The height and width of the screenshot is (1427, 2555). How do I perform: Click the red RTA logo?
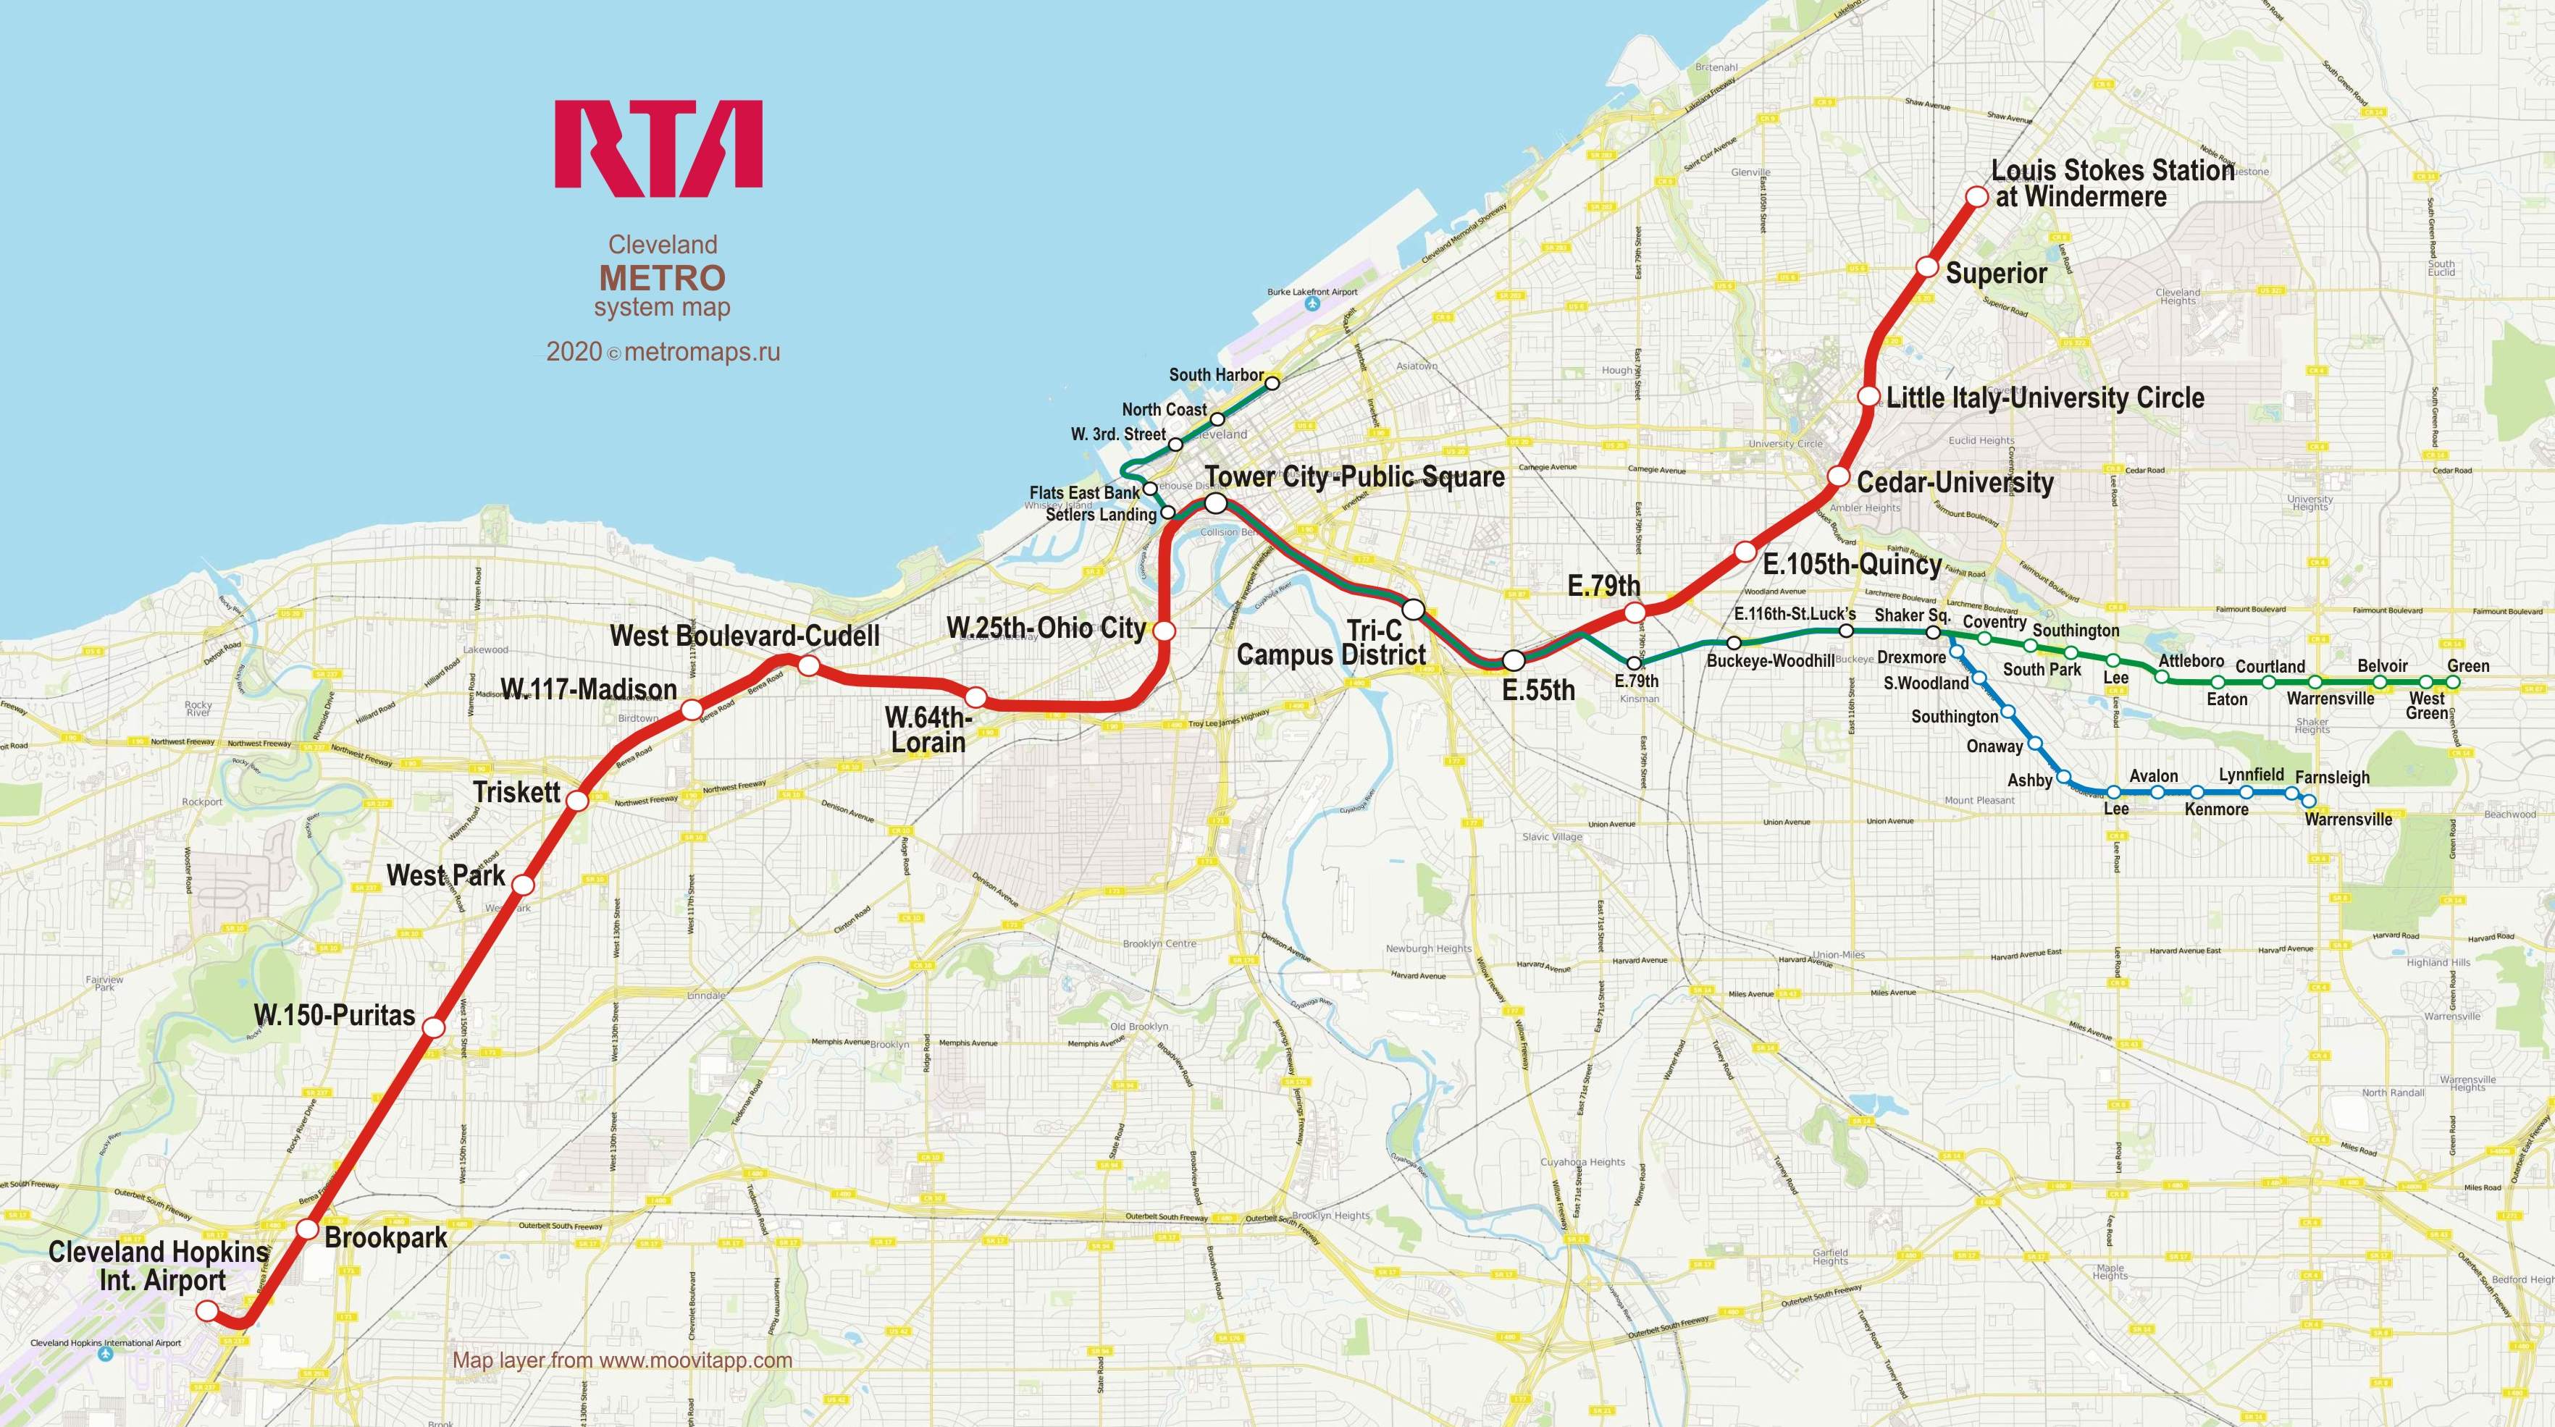click(658, 145)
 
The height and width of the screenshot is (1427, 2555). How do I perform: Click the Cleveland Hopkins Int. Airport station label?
click(159, 1266)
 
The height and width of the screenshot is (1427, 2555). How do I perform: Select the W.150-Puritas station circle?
click(433, 1027)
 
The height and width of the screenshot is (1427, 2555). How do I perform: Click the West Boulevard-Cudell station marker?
click(808, 665)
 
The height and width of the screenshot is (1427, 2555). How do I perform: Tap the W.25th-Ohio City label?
click(1046, 628)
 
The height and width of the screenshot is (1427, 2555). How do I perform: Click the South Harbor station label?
click(1216, 375)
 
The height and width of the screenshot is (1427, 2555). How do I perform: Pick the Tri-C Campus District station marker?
click(1414, 609)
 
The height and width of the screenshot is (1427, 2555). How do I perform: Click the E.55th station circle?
click(1514, 660)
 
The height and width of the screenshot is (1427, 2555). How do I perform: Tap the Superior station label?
click(1996, 274)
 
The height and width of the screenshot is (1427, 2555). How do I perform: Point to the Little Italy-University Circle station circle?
click(1868, 396)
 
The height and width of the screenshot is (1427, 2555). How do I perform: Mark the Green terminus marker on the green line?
click(2454, 682)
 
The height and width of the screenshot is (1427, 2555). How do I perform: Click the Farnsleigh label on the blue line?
click(2332, 778)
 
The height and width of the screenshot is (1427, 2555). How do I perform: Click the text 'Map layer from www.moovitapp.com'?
click(622, 1360)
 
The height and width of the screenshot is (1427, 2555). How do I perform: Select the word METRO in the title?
click(662, 278)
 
